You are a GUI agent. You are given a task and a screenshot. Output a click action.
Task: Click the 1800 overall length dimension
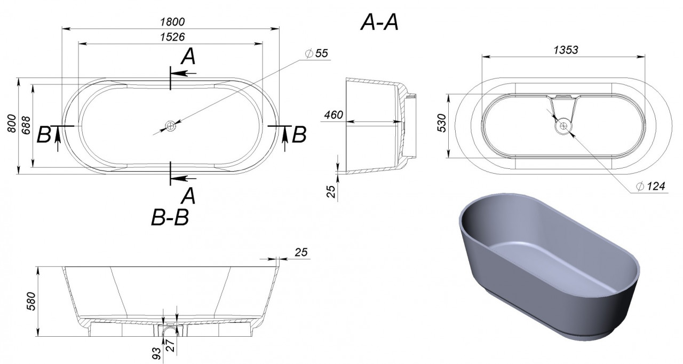172,22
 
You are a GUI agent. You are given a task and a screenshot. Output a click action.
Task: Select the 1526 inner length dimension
172,37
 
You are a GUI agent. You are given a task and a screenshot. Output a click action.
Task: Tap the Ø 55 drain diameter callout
317,53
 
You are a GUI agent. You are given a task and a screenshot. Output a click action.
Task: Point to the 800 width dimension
12,123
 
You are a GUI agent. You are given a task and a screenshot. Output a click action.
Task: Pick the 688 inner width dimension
26,125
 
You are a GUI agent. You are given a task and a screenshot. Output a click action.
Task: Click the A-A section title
379,22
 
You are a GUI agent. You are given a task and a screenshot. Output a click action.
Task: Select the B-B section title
170,218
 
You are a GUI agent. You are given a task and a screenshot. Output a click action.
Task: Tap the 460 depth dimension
333,115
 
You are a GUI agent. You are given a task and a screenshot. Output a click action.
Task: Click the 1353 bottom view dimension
566,50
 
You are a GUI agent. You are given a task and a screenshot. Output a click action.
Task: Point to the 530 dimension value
442,123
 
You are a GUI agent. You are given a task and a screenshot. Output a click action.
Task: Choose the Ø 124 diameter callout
650,186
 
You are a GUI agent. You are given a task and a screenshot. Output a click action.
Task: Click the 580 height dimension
31,301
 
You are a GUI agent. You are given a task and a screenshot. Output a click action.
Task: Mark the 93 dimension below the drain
156,353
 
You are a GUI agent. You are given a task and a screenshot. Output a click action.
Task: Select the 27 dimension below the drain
171,346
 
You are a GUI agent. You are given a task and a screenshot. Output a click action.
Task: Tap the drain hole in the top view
170,126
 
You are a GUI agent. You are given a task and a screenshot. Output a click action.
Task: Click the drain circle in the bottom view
563,125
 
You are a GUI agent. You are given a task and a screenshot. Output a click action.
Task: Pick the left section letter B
44,135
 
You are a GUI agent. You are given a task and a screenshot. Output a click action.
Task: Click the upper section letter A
188,56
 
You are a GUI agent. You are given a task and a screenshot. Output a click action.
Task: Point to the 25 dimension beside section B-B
301,252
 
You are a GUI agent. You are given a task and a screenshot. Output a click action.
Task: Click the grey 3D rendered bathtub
549,266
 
